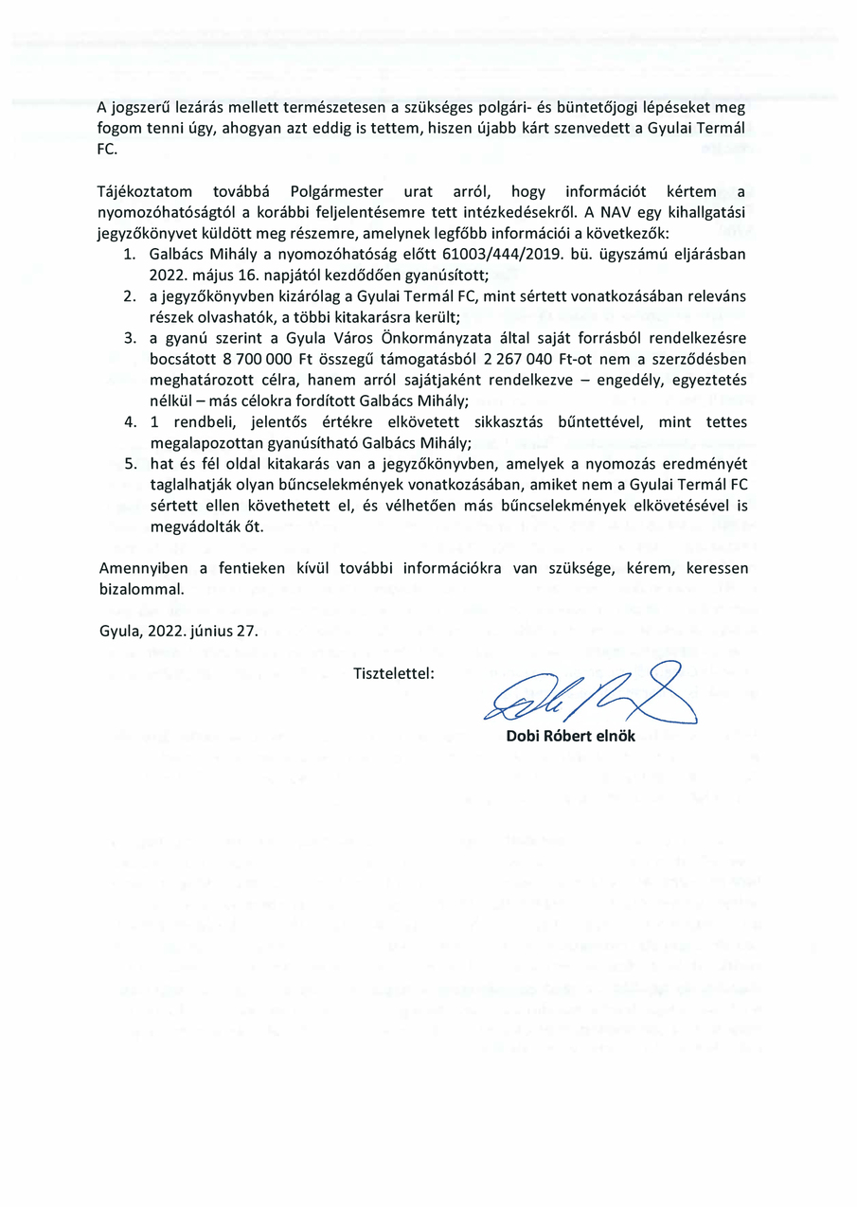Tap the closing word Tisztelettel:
point(393,674)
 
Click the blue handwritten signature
point(587,697)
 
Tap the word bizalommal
point(141,588)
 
